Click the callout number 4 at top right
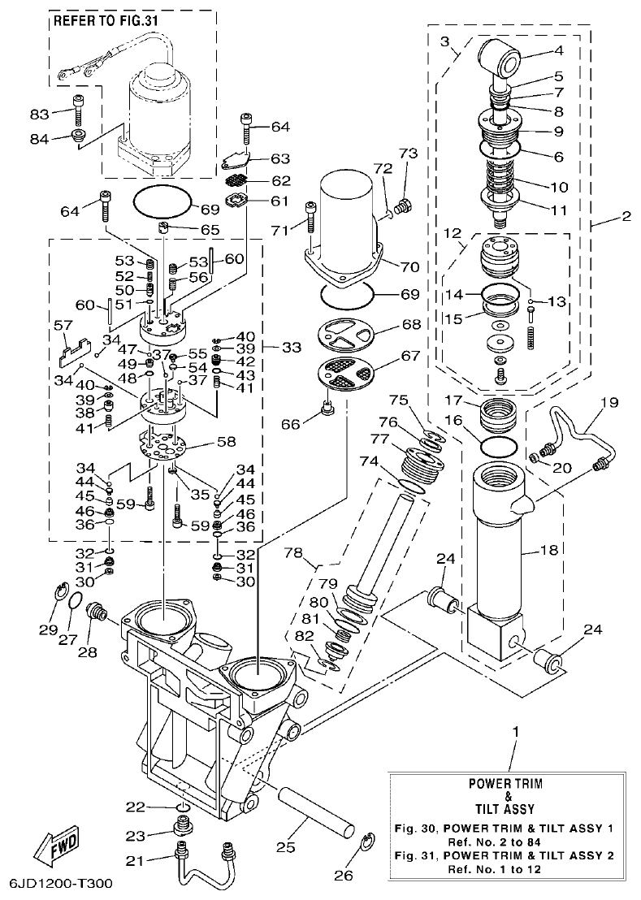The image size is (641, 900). [559, 50]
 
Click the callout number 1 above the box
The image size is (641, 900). [513, 732]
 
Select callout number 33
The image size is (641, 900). [291, 347]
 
